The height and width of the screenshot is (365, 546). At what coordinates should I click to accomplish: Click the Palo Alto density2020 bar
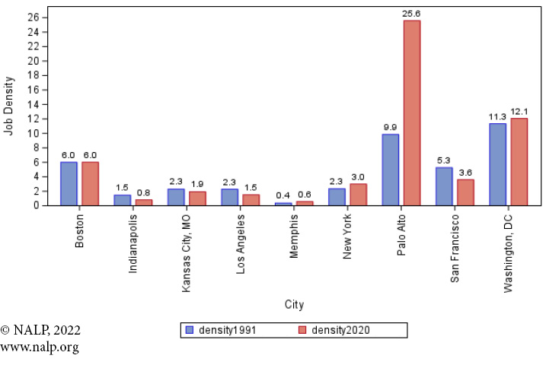(x=412, y=113)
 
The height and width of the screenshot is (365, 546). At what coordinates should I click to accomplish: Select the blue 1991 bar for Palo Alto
(x=390, y=170)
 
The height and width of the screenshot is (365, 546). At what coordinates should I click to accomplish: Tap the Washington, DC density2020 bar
(x=519, y=161)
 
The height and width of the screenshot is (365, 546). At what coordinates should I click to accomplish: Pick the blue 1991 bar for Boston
(x=69, y=183)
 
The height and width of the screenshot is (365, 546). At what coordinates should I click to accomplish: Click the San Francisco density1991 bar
(x=444, y=186)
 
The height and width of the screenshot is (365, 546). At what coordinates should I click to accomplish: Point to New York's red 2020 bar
(x=358, y=194)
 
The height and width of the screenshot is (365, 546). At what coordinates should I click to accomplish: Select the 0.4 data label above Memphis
(x=283, y=195)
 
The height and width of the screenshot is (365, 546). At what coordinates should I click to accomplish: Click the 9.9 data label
(x=390, y=127)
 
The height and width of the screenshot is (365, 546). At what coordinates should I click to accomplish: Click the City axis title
(x=294, y=305)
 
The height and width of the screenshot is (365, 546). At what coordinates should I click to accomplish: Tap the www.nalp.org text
(x=40, y=348)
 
